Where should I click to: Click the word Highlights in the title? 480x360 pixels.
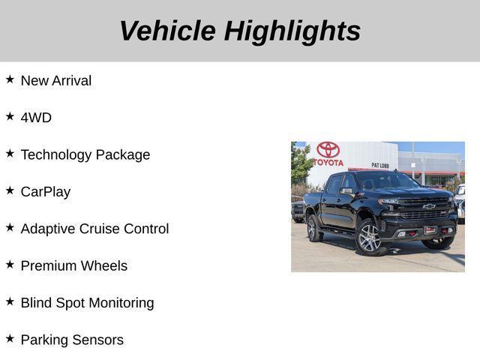292,31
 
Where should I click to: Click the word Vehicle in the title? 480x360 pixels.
166,31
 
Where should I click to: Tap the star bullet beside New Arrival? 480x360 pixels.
10,79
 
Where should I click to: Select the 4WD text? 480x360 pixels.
36,118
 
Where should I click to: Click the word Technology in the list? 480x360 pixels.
57,154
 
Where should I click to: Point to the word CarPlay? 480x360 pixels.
46,192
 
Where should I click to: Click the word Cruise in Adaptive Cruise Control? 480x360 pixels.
103,229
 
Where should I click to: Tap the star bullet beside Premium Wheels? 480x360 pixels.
10,265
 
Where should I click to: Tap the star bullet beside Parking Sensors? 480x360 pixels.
10,339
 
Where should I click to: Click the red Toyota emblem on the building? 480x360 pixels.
328,150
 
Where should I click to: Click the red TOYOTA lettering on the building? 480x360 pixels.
328,163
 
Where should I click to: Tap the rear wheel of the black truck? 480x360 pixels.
314,228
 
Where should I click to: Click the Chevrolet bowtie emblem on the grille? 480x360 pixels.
428,206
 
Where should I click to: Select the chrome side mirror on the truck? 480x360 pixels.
346,191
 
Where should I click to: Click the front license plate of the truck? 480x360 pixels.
430,230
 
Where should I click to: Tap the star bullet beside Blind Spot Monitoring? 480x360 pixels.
10,301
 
